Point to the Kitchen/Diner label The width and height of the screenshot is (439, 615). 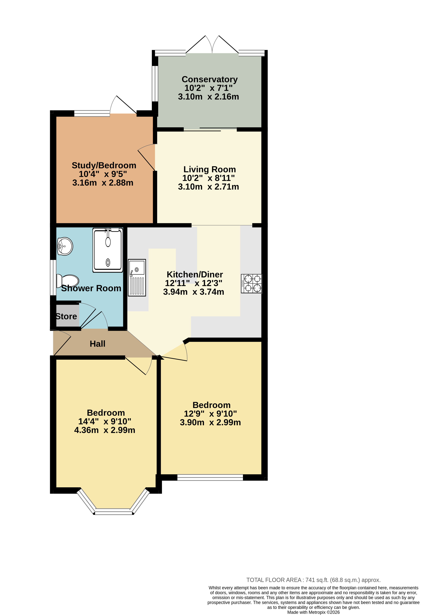(195, 274)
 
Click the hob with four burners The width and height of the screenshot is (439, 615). (251, 283)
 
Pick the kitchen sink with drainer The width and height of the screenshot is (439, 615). (137, 277)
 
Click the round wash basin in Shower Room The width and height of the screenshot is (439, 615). (65, 246)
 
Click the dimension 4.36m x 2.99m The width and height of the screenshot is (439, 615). (105, 430)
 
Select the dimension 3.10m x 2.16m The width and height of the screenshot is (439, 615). (208, 97)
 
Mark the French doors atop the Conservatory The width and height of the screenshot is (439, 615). (212, 45)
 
